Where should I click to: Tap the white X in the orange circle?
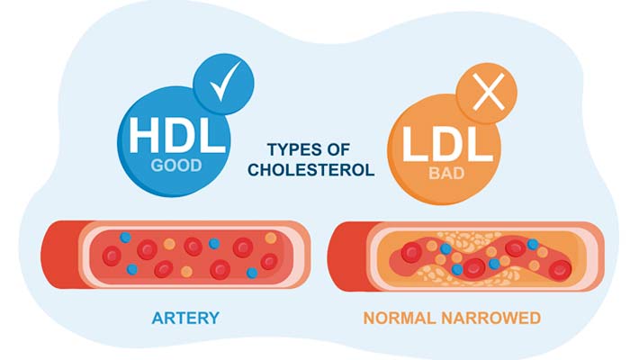tap(487, 96)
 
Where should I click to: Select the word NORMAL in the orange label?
tap(401, 318)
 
